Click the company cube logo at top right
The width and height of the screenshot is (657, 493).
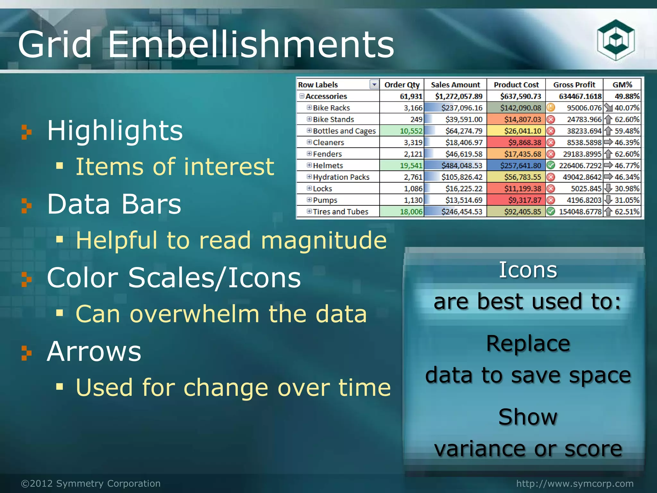click(616, 40)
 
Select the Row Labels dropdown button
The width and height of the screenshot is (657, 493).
click(374, 84)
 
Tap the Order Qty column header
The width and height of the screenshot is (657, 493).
click(402, 85)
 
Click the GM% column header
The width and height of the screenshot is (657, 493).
click(622, 85)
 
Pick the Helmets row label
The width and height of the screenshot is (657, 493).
click(328, 166)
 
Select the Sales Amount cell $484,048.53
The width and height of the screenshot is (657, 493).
click(462, 166)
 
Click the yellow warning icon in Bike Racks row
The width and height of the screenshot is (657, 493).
click(550, 108)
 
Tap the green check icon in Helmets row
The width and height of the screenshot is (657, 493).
click(550, 166)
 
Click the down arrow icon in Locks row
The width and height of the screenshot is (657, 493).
click(608, 188)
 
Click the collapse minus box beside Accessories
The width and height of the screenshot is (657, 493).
click(302, 96)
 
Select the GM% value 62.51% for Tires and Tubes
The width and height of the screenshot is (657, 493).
click(627, 212)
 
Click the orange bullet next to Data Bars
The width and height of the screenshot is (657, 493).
click(26, 205)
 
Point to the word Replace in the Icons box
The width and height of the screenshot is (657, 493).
click(528, 343)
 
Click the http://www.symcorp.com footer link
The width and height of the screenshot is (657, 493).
click(575, 483)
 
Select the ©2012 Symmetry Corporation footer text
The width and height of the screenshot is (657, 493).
click(91, 483)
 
